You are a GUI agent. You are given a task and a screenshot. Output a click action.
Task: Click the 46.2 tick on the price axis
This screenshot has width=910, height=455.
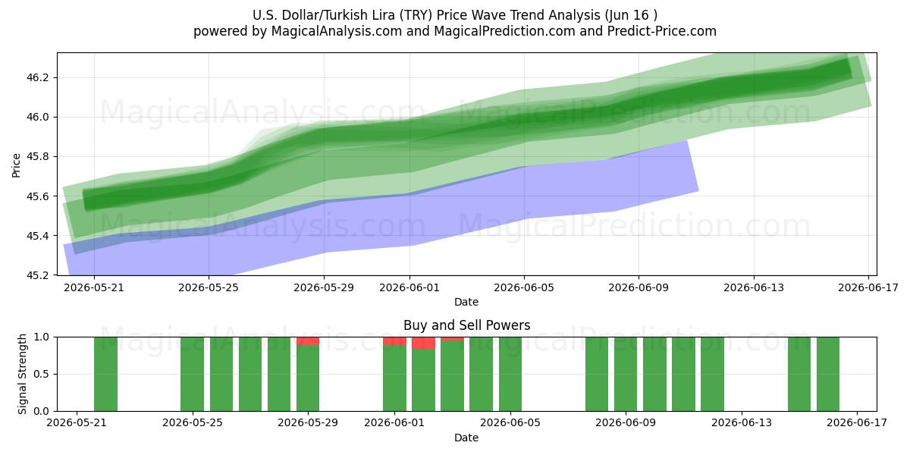tap(37, 77)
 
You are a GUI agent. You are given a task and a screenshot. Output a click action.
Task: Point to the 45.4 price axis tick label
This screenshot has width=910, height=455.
tap(37, 236)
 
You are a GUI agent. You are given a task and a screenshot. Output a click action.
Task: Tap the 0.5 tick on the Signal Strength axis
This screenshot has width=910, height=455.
tap(41, 374)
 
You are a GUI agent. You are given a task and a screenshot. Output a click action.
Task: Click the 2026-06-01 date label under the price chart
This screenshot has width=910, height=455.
tap(409, 287)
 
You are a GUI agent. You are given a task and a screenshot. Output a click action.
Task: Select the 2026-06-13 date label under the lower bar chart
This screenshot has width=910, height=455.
tap(742, 422)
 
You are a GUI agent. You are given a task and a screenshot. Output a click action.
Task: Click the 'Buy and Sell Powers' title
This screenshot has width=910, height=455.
tap(467, 325)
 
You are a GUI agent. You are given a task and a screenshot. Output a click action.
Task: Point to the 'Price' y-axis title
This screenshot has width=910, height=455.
tap(16, 165)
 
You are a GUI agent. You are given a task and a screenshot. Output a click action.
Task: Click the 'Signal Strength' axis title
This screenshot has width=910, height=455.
tap(22, 374)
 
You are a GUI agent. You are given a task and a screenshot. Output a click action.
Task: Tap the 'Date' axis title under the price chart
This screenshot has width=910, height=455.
tap(466, 302)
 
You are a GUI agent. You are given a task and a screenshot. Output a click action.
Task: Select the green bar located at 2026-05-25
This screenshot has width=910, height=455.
tap(192, 374)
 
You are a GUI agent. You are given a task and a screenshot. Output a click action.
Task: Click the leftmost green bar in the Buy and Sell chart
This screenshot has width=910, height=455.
tap(105, 374)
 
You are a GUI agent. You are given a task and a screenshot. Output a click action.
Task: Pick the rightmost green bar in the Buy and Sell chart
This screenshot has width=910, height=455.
tap(828, 374)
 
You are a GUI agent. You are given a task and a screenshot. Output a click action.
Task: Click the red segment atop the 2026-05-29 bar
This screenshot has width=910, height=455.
tap(308, 340)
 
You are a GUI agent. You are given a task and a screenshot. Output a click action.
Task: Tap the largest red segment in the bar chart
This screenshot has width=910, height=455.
tap(423, 343)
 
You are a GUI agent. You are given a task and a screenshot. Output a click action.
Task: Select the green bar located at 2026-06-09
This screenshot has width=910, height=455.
tap(626, 374)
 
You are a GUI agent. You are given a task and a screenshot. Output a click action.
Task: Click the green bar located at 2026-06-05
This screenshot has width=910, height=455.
tap(510, 374)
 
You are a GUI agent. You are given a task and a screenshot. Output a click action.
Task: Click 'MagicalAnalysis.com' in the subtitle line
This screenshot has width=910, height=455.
tap(337, 31)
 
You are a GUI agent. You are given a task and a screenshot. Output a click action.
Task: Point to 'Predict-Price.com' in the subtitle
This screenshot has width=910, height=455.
tap(662, 31)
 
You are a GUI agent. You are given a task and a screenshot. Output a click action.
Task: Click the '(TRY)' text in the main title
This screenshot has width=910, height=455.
tap(416, 15)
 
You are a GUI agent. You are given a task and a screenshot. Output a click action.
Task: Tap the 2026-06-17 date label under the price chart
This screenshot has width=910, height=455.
tap(868, 287)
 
